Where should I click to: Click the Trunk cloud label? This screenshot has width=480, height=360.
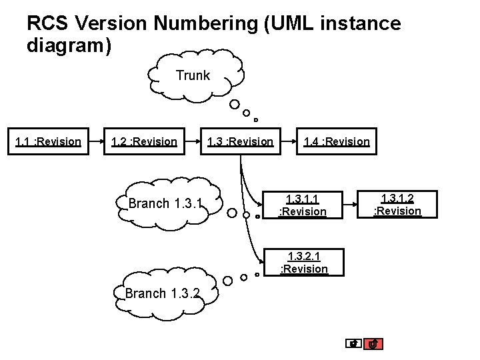click(x=193, y=75)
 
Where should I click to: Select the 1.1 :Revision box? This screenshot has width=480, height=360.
click(x=48, y=141)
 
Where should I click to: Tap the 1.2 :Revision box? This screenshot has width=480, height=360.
click(x=145, y=141)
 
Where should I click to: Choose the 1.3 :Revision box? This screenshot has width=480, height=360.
click(x=241, y=141)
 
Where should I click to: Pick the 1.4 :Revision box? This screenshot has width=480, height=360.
click(x=337, y=141)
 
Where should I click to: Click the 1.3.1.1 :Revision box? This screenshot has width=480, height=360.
click(x=302, y=205)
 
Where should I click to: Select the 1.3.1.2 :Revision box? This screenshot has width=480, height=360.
click(x=397, y=204)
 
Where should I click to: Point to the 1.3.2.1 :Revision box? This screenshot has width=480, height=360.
click(x=303, y=262)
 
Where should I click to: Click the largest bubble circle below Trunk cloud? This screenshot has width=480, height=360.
click(x=235, y=105)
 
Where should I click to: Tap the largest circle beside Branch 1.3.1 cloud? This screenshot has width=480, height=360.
click(x=231, y=214)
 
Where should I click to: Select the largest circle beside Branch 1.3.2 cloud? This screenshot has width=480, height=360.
click(x=228, y=280)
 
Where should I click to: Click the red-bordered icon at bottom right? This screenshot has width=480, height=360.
click(x=375, y=344)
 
